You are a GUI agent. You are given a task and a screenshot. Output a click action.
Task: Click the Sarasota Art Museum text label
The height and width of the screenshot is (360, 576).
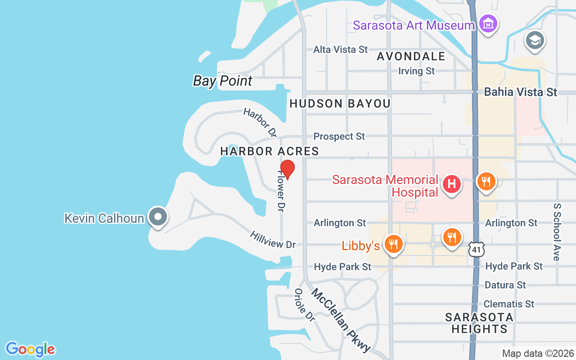(x=414, y=25)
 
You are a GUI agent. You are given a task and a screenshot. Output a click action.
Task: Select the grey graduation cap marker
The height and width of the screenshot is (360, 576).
(x=535, y=41)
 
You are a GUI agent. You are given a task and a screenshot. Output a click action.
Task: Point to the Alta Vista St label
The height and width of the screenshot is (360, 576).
(x=341, y=49)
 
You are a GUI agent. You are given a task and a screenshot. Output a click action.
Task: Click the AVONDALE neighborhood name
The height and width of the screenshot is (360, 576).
(x=411, y=56)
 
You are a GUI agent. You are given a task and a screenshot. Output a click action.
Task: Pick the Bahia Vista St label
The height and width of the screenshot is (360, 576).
(x=520, y=92)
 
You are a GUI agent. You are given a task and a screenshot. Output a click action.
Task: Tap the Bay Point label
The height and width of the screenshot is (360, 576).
(x=223, y=81)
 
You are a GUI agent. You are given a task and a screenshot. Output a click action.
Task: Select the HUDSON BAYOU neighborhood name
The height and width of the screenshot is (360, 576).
(x=340, y=103)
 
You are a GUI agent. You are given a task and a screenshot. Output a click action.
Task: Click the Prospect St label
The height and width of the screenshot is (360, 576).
(x=339, y=136)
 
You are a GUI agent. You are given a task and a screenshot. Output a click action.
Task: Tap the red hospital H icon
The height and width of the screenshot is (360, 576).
(x=452, y=184)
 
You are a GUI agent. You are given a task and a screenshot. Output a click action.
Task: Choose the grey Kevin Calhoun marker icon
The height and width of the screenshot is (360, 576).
(x=157, y=217)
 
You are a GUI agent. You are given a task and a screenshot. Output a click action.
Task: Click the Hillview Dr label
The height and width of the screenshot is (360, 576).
(x=273, y=240)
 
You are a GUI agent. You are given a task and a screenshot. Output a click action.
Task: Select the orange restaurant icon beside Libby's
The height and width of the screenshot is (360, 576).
(x=394, y=244)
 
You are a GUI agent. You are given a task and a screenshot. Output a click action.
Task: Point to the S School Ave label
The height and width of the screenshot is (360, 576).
(x=557, y=231)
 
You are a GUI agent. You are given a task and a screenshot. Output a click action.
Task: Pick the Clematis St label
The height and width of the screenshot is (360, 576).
(x=508, y=304)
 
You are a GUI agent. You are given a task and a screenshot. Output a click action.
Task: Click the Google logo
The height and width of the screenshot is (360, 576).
(x=30, y=349)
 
